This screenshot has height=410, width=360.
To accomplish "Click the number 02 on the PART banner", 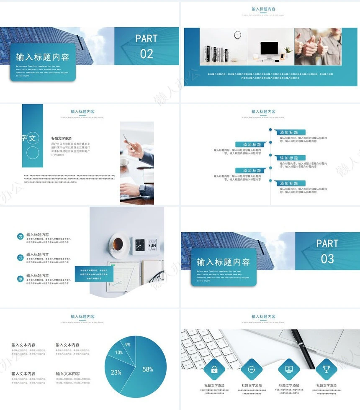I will coord(147,54).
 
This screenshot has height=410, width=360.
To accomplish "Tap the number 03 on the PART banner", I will coord(327,259).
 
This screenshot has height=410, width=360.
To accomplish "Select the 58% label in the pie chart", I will coord(147,369).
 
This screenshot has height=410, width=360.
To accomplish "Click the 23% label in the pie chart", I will coord(116,372).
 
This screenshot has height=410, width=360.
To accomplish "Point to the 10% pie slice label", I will coord(119,353).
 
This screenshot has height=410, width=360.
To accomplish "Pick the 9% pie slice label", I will coord(128,344).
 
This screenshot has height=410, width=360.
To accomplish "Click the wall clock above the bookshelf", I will coord(237,35).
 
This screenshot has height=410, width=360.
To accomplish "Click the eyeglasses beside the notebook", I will coord(155,277).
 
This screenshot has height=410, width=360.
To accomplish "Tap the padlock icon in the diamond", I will coord(214,369).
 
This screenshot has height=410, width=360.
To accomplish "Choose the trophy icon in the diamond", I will coord(326,369).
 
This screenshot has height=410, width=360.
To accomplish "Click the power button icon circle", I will coord(20,236).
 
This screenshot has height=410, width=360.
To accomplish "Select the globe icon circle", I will coord(20,279).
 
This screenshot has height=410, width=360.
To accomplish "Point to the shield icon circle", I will coord(20,257).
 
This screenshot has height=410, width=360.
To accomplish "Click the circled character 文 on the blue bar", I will coord(33,138).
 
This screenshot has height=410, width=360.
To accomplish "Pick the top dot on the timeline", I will coord(270,130).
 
